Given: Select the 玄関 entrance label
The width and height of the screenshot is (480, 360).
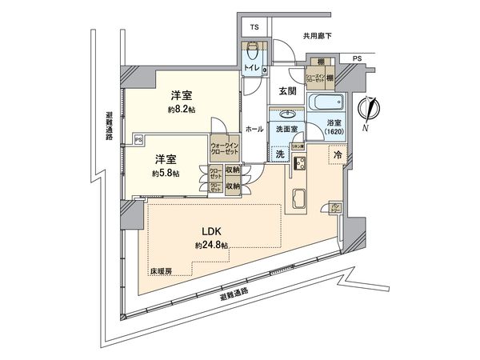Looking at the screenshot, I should [288, 93].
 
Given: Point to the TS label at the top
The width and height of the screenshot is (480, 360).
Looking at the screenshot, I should [254, 28].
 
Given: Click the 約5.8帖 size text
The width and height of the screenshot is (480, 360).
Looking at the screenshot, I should [166, 173].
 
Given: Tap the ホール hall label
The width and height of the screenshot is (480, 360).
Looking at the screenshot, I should [254, 129].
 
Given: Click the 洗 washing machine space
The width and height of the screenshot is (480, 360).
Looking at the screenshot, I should [280, 152].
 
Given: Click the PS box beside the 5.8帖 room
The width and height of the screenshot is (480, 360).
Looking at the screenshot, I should [138, 138].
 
